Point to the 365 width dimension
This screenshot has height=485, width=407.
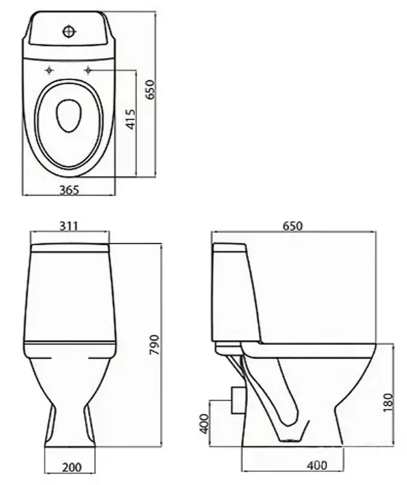pyautogui.click(x=69, y=189)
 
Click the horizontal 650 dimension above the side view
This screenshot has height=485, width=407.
pyautogui.click(x=292, y=226)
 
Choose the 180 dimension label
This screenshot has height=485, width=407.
pyautogui.click(x=389, y=401)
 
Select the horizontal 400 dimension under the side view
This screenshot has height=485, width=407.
pyautogui.click(x=316, y=466)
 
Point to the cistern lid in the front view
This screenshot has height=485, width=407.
pyautogui.click(x=69, y=247)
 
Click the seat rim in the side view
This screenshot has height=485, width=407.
pyautogui.click(x=310, y=349)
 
